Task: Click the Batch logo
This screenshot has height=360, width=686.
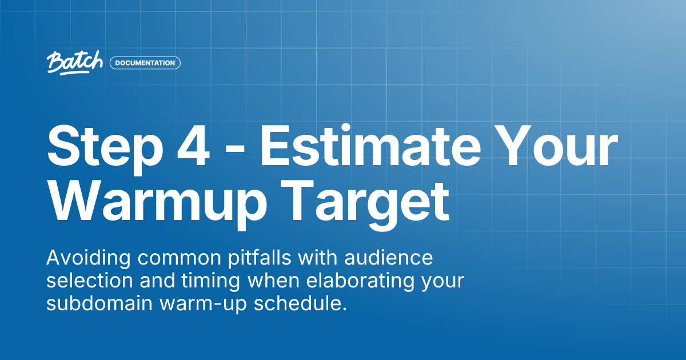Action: pyautogui.click(x=75, y=62)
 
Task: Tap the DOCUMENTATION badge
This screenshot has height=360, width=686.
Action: pyautogui.click(x=145, y=63)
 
